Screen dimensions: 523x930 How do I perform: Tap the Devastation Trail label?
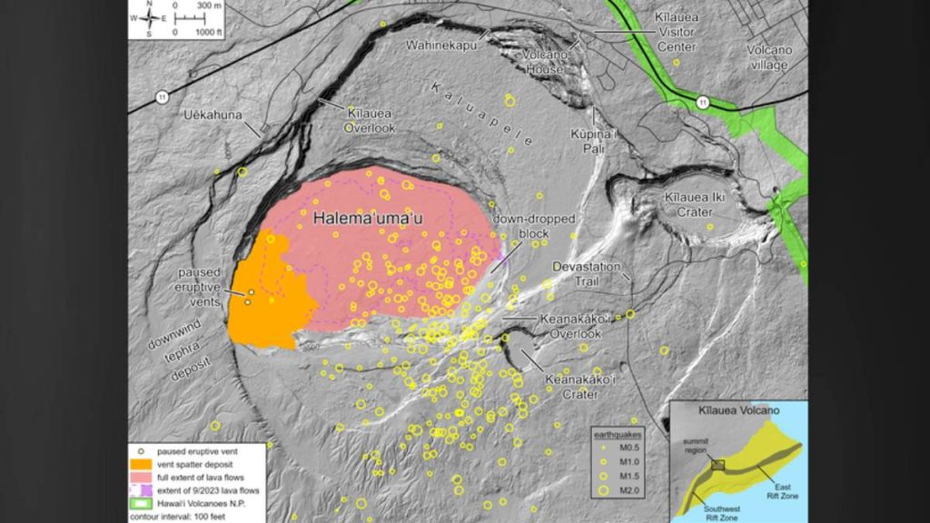pos(587,273)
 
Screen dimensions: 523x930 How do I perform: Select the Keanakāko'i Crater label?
pos(571,387)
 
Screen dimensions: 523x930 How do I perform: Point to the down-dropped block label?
pos(520,227)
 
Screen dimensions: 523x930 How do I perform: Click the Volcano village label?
pos(769,57)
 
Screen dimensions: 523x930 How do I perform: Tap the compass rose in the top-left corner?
pos(149,18)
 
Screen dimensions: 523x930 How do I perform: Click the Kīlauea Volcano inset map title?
pos(738,410)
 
